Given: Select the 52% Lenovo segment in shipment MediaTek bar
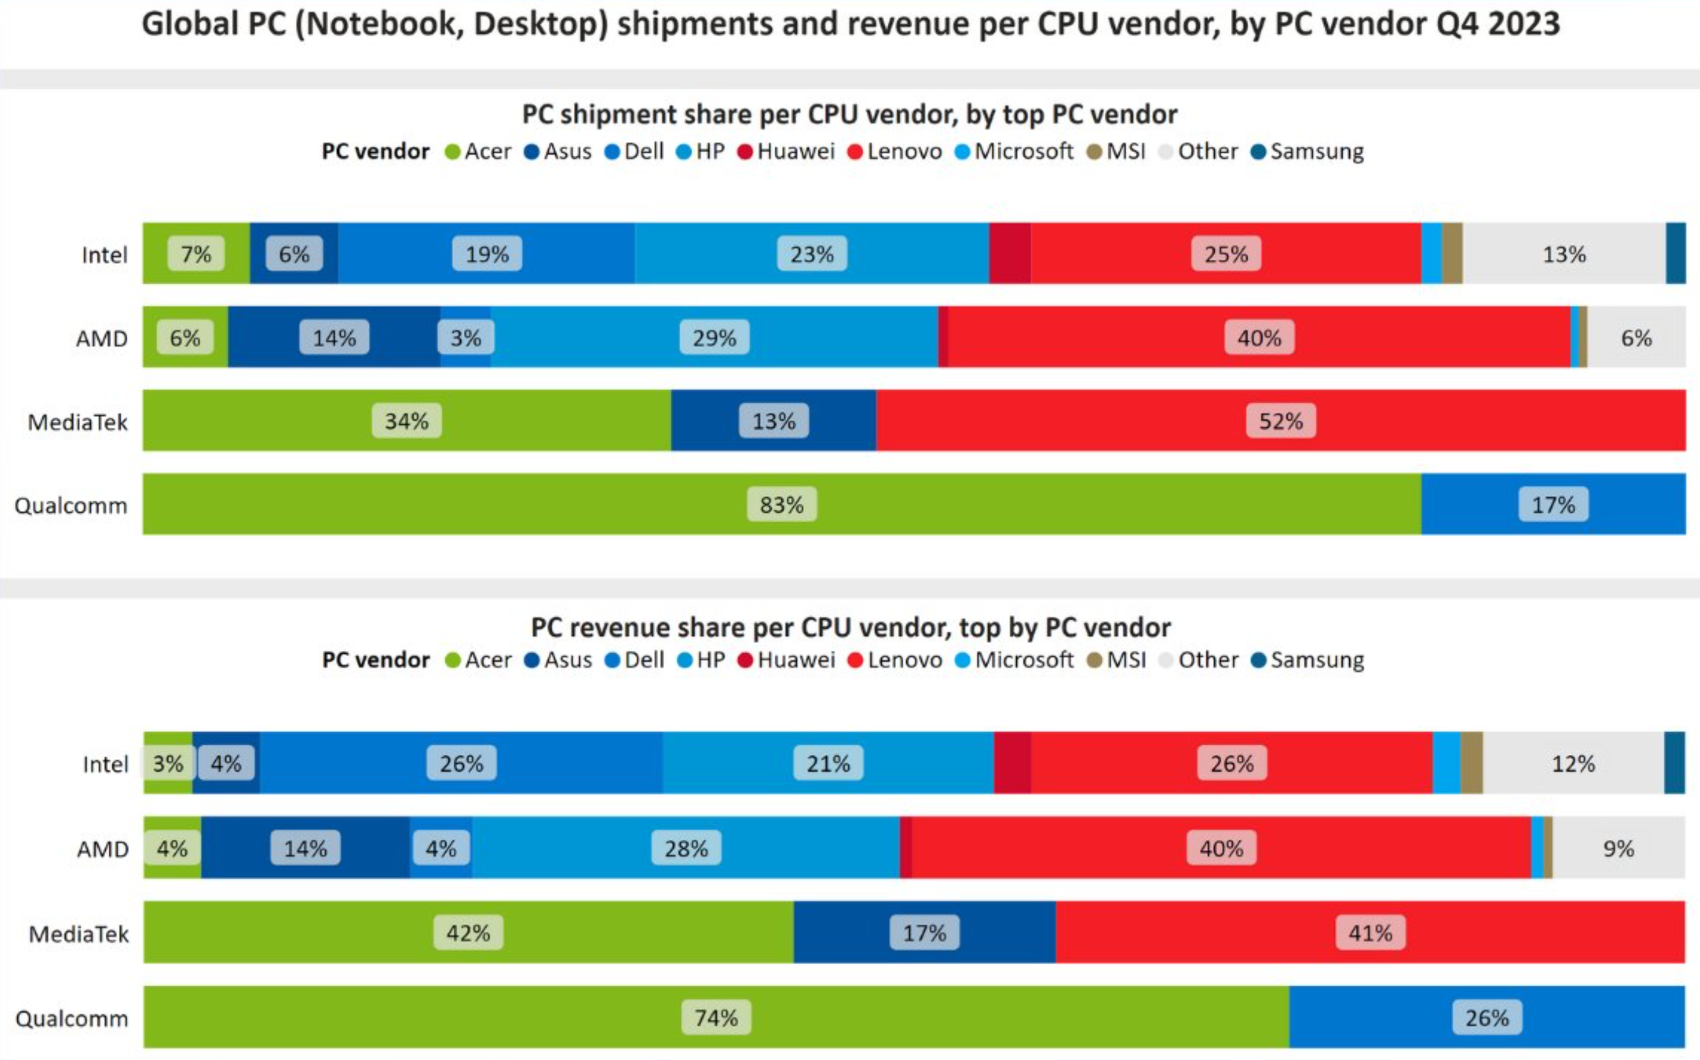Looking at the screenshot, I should pyautogui.click(x=1280, y=421).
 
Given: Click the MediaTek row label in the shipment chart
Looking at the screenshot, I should pyautogui.click(x=77, y=422).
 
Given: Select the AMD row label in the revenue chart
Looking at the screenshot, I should pyautogui.click(x=102, y=849).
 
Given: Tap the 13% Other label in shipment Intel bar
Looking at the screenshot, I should pyautogui.click(x=1563, y=254).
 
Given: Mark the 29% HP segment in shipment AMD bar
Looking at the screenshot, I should pyautogui.click(x=714, y=338).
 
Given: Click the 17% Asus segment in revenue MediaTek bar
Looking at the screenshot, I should pyautogui.click(x=923, y=933).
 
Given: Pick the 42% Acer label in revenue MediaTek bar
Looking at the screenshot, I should pyautogui.click(x=467, y=933).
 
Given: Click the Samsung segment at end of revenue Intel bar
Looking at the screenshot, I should pyautogui.click(x=1674, y=763).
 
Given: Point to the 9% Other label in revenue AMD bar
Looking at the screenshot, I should pyautogui.click(x=1618, y=848).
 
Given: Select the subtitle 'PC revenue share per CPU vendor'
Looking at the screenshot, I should pyautogui.click(x=850, y=627).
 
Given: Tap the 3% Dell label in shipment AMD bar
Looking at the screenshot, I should pyautogui.click(x=466, y=338).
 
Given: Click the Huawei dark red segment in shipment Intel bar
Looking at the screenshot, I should pyautogui.click(x=1009, y=254).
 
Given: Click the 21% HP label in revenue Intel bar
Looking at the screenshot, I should pyautogui.click(x=828, y=763).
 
